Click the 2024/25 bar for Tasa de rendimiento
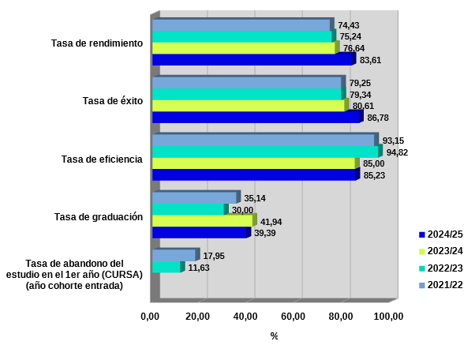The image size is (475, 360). tap(252, 59)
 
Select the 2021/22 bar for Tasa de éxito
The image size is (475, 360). tap(246, 83)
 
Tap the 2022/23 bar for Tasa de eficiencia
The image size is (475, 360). tap(265, 152)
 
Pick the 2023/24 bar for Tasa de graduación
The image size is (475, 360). tap(202, 221)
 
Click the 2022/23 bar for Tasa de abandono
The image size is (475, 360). tap(166, 268)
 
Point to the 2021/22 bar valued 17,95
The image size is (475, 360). tap(174, 256)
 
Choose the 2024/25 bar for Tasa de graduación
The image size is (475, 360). tap(200, 233)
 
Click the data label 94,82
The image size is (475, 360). tap(397, 152)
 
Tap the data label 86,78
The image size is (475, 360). tap(378, 118)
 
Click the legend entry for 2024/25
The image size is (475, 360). tap(441, 234)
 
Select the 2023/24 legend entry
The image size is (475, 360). tap(441, 251)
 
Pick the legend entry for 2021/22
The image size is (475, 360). tap(441, 284)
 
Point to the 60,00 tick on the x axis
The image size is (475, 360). tap(294, 317)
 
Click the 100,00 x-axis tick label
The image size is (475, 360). tap(388, 317)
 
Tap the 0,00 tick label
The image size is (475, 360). tap(150, 317)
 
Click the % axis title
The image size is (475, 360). tap(274, 336)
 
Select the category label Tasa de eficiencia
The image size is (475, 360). tap(102, 159)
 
